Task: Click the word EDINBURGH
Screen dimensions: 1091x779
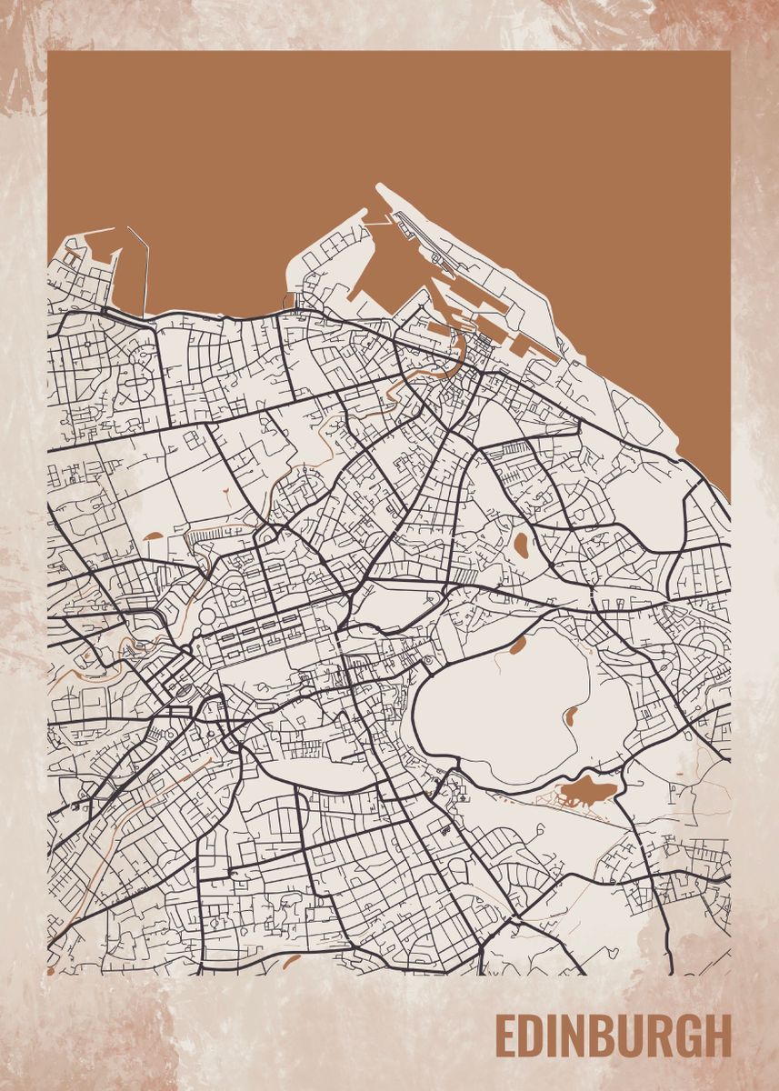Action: [x=613, y=1035]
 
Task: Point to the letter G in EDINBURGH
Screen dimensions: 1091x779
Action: [x=688, y=1035]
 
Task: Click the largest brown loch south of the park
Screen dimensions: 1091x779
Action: [x=586, y=790]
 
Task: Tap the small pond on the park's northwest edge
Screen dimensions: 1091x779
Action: [x=517, y=645]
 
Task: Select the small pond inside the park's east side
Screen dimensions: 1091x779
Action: [x=573, y=716]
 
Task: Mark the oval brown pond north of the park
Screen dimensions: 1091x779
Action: [x=522, y=545]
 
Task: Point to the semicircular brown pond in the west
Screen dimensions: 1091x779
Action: [x=152, y=535]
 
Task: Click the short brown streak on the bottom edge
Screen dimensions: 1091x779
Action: [x=291, y=959]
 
